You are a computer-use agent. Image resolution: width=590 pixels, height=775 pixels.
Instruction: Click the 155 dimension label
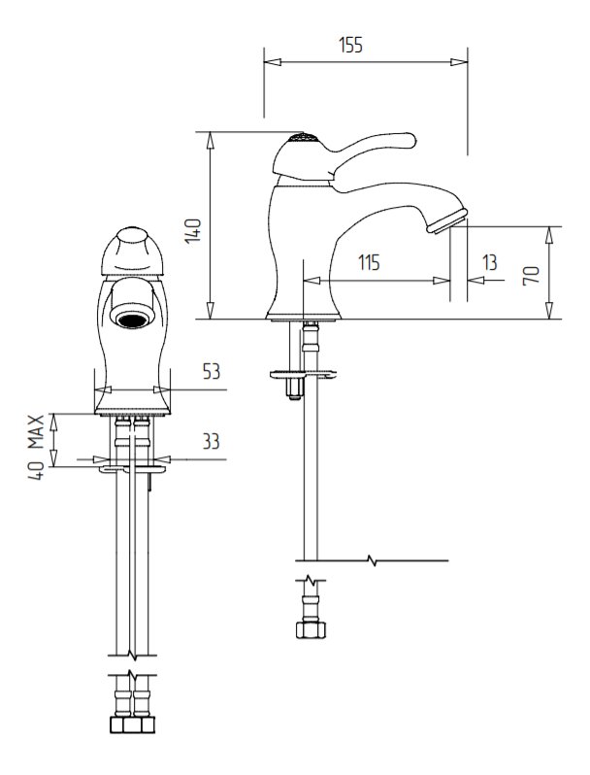350,45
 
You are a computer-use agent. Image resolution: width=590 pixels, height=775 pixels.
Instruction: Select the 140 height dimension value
193,231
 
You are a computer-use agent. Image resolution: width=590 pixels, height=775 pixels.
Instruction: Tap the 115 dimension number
369,262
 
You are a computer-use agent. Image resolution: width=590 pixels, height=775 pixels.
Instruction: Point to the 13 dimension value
490,262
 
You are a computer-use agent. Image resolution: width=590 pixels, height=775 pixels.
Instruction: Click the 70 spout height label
531,275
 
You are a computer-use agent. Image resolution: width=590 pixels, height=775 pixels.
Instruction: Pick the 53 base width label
212,371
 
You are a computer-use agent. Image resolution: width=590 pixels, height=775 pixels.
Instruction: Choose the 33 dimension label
212,441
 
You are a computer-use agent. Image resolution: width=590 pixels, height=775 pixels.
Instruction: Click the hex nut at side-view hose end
311,630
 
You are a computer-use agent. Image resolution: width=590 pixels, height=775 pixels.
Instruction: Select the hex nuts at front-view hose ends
131,725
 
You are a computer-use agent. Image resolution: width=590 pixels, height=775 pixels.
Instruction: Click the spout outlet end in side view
447,220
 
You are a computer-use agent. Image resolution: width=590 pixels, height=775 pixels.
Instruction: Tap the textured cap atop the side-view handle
301,138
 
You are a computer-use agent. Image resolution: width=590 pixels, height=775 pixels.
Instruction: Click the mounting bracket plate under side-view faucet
303,374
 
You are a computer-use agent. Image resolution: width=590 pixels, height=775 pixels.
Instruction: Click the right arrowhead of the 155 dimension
459,62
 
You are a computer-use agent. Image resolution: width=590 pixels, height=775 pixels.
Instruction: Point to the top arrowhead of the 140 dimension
211,141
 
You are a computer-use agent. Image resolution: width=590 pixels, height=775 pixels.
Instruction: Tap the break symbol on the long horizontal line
372,560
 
